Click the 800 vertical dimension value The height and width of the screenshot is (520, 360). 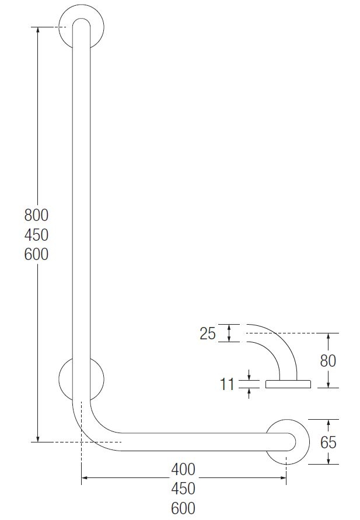coord(36,215)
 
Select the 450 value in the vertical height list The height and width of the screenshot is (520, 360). coord(36,235)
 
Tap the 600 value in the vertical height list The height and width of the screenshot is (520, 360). coord(36,254)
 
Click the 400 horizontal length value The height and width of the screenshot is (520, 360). coord(183,469)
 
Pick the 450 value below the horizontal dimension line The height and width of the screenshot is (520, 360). coord(183,488)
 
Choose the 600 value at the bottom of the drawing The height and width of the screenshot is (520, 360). coord(183,508)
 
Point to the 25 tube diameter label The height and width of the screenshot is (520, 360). coord(208,334)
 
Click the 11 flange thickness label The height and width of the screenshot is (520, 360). coord(228,384)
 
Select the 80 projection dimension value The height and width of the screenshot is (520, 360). coord(328,361)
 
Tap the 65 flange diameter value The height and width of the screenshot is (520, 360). coord(328,442)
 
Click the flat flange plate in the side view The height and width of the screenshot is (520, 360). coord(288,384)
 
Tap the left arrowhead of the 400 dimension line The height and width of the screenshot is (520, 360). coord(84,478)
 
